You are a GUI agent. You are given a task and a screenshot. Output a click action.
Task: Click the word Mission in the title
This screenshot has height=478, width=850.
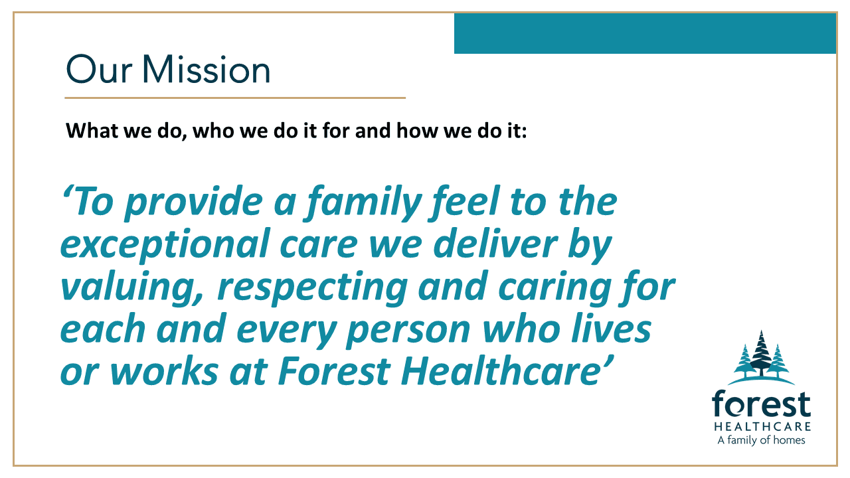(206, 69)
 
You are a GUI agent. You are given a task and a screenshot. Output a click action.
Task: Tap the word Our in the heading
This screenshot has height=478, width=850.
(99, 70)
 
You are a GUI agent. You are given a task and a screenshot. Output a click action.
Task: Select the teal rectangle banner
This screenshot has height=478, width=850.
(645, 33)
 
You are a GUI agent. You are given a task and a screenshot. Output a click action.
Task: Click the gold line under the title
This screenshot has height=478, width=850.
(235, 98)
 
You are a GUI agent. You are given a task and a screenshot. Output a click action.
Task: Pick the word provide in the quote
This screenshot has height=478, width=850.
(193, 203)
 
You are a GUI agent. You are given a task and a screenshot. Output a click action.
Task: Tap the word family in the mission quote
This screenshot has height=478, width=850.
(363, 203)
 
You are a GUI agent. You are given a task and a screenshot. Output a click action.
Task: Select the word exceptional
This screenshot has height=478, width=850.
(165, 246)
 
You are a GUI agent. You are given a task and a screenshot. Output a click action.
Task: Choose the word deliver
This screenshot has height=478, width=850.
(495, 245)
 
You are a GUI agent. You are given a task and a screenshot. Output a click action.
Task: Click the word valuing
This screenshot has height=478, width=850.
(132, 288)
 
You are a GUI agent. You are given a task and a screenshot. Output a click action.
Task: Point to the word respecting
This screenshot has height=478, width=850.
(312, 289)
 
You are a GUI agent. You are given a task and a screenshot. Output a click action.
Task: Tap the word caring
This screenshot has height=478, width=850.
(554, 289)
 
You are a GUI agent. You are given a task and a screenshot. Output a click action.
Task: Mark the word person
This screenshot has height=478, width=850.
(408, 331)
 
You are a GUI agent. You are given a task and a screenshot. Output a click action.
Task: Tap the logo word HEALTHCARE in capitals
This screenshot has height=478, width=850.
(762, 426)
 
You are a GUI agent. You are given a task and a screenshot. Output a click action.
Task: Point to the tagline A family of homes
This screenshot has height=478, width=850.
(761, 440)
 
